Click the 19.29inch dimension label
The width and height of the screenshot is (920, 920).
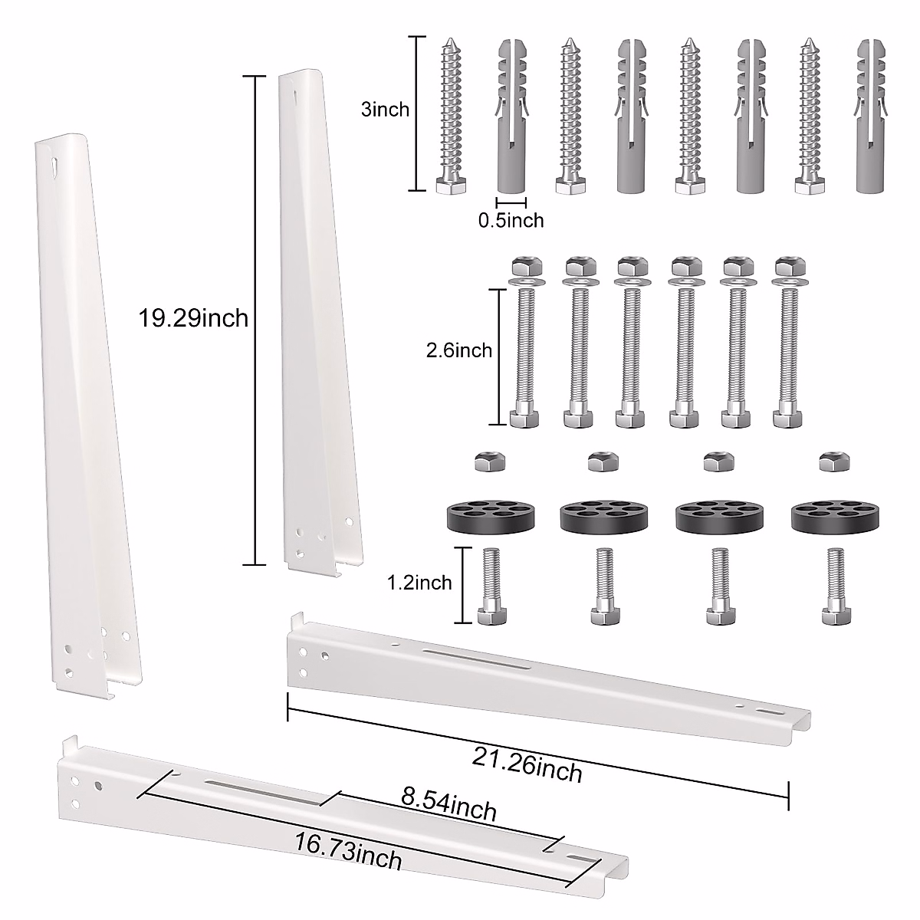point(194,318)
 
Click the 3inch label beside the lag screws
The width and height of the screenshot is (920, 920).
point(385,110)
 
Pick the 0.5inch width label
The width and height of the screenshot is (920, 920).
point(511,221)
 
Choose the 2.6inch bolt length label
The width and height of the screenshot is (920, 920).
point(458,350)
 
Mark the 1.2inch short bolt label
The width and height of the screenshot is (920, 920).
point(419,583)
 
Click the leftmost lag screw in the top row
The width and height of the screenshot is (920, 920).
point(445,115)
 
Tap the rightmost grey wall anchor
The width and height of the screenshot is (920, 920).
point(869,115)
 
